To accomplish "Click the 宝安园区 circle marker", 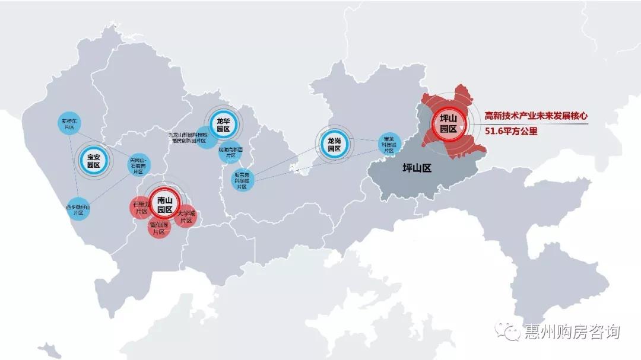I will pos(94,160).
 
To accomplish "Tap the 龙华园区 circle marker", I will pos(223,125).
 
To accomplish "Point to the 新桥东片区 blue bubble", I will pos(69,123).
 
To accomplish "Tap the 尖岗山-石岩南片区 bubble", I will pos(140,165).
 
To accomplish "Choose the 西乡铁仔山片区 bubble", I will pos(78,209).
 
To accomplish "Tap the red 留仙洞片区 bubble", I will pos(159,228).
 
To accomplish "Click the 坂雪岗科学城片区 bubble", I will pos(242,180).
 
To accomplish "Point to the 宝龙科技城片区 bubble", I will pos(389,144).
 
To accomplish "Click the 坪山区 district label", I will pos(417,168).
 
